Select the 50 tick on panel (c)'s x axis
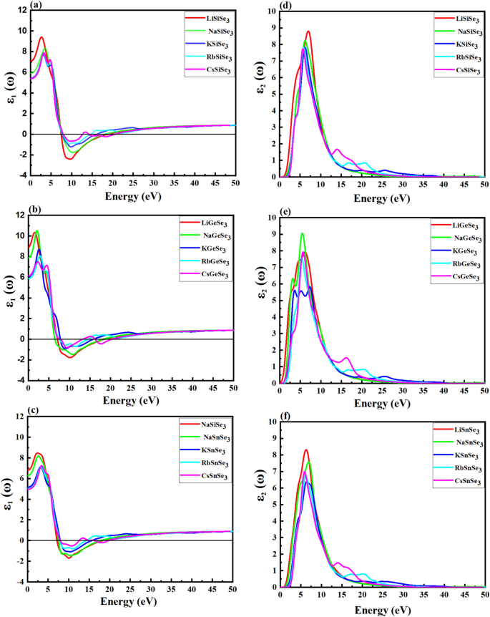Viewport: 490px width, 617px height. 232,591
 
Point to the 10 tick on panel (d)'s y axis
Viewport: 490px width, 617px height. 270,11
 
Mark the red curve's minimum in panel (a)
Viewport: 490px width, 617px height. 69,159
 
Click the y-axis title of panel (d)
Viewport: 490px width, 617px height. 257,93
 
